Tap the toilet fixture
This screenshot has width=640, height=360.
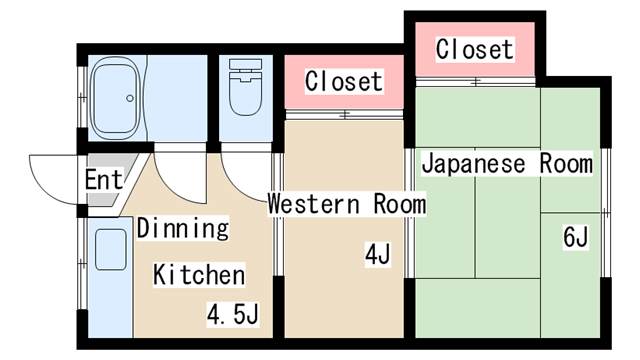[244, 90]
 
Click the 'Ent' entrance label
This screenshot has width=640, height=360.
[103, 181]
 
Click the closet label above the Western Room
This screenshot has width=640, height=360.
[343, 80]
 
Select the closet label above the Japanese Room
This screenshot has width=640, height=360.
[474, 48]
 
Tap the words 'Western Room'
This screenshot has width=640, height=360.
[346, 204]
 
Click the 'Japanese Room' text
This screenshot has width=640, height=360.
[506, 163]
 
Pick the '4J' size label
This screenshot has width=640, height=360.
[377, 256]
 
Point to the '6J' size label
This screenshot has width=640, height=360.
[575, 238]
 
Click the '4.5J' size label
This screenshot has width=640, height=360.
[233, 316]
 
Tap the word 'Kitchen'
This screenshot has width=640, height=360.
[198, 274]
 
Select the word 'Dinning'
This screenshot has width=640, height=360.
[182, 228]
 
